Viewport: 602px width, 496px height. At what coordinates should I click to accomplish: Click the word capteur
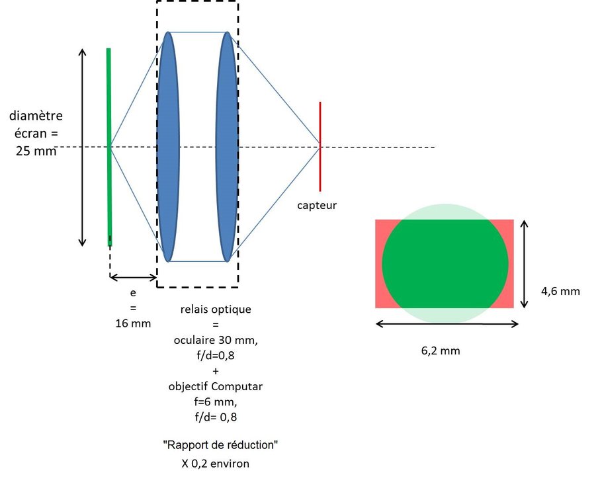[317, 205]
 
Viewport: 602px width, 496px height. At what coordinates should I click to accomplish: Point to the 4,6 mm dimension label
[560, 290]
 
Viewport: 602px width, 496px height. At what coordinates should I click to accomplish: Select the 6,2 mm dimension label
[441, 351]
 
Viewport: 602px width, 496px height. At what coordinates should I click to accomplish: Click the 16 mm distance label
[132, 323]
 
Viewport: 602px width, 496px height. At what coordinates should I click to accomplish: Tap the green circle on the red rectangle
[445, 263]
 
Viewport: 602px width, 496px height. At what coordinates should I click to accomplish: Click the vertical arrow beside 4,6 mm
[525, 264]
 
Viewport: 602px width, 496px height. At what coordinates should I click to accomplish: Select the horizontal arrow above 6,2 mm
[447, 324]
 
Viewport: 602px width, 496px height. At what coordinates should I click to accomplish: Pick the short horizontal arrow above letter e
[132, 276]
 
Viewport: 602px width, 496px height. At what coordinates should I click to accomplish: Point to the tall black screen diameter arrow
[83, 147]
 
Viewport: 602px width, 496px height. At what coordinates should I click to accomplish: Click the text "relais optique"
[216, 309]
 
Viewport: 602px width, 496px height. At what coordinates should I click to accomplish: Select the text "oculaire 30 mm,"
[215, 340]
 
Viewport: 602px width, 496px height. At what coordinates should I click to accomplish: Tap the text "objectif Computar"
[216, 386]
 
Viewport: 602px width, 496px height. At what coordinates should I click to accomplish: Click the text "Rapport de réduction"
[220, 445]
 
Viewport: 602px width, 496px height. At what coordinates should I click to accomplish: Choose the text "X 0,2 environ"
[216, 463]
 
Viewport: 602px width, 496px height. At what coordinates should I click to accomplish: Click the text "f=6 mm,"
[216, 401]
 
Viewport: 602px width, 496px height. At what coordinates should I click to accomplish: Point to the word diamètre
[36, 116]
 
